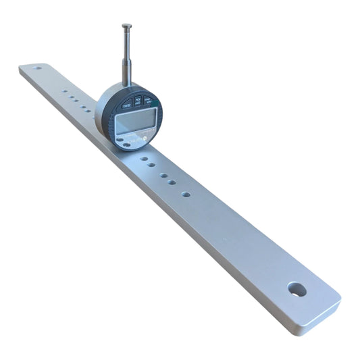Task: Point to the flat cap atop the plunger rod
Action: point(126,26)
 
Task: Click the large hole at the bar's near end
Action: point(295,289)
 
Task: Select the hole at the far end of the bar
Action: point(38,68)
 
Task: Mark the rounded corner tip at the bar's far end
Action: point(21,69)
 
